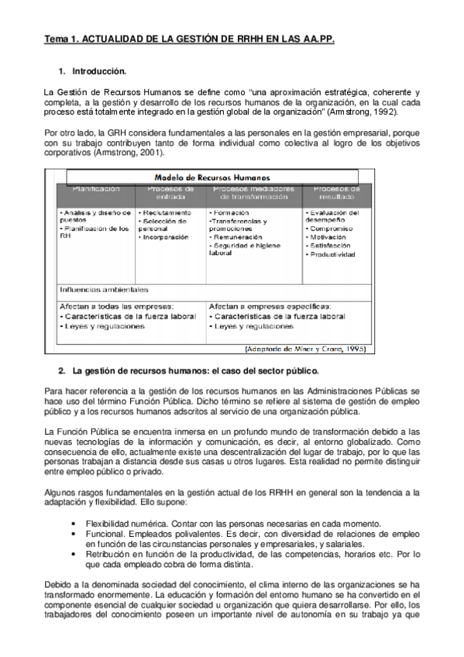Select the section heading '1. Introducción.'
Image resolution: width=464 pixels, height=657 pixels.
point(92,71)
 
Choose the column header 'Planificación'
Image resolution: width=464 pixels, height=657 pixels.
point(96,188)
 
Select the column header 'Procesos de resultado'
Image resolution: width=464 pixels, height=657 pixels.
point(332,193)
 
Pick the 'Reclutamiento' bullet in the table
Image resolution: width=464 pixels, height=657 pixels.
point(165,212)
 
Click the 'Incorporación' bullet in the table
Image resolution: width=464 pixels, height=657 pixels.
point(165,236)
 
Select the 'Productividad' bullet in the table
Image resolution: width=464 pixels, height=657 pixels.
point(334,253)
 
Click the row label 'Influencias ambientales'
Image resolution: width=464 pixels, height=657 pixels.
point(104,290)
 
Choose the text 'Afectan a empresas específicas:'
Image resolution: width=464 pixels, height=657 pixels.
point(270,306)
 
